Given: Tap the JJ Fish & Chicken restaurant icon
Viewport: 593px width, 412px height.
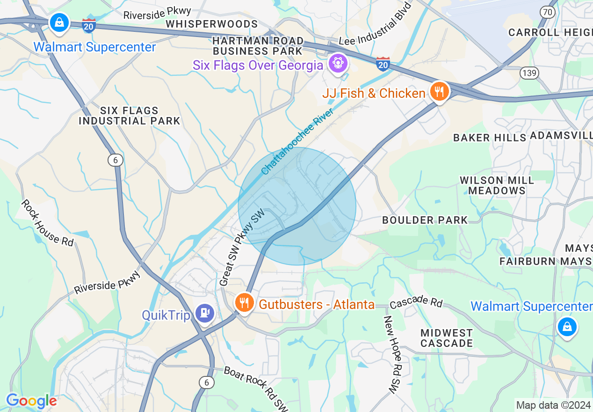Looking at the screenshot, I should click(439, 91).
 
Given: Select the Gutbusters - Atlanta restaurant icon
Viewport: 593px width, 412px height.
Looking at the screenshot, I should click(244, 303).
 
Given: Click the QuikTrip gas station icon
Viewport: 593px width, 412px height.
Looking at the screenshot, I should click(204, 313).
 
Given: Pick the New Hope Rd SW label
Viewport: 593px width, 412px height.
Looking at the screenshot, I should click(393, 354).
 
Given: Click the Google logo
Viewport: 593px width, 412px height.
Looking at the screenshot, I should click(31, 401).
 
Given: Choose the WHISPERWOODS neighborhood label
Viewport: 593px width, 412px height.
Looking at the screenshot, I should click(211, 24).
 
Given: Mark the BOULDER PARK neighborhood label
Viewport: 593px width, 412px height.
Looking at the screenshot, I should click(425, 220).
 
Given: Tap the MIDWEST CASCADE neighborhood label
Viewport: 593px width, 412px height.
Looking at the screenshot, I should click(447, 338).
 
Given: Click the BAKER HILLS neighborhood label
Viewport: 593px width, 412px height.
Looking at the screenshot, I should click(490, 138).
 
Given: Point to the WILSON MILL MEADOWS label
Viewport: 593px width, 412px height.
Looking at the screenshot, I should click(497, 185).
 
